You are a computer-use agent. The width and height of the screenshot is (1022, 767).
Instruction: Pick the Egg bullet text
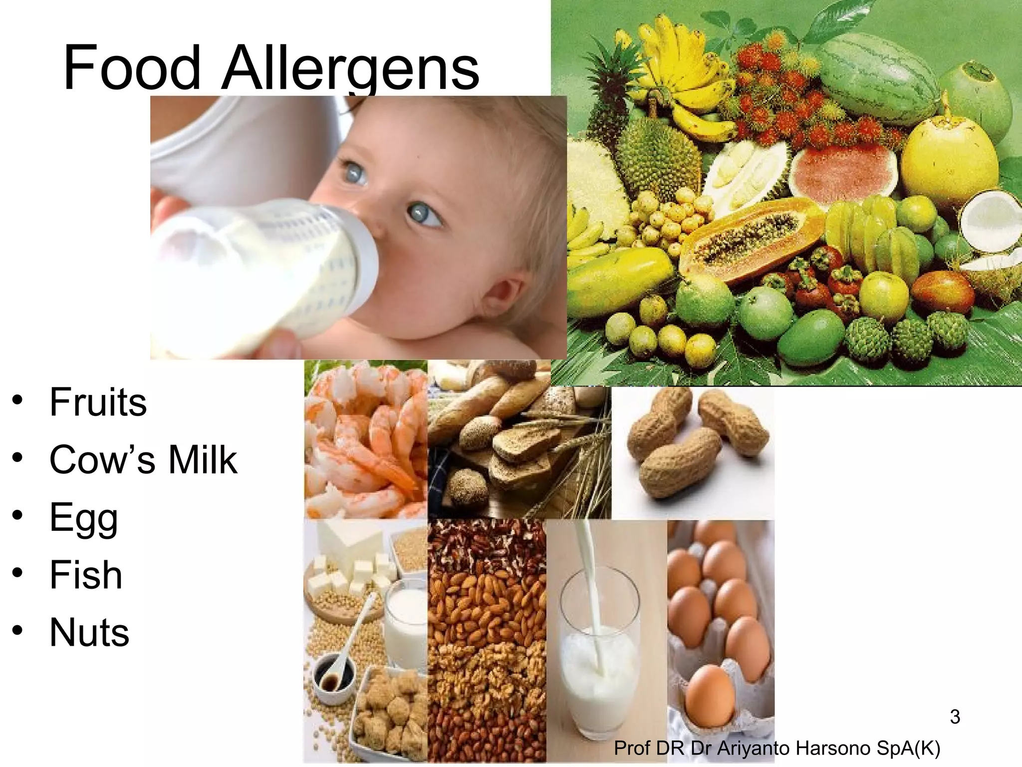tap(84, 518)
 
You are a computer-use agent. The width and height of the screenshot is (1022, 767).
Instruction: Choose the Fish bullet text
tap(86, 575)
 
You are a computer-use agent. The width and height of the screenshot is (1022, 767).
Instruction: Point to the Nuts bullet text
tap(89, 632)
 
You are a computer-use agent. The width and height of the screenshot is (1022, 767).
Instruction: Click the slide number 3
tap(955, 717)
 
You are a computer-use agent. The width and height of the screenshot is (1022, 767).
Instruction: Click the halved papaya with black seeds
tap(749, 235)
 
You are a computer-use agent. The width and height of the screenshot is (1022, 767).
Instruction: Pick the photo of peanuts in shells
tap(694, 439)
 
